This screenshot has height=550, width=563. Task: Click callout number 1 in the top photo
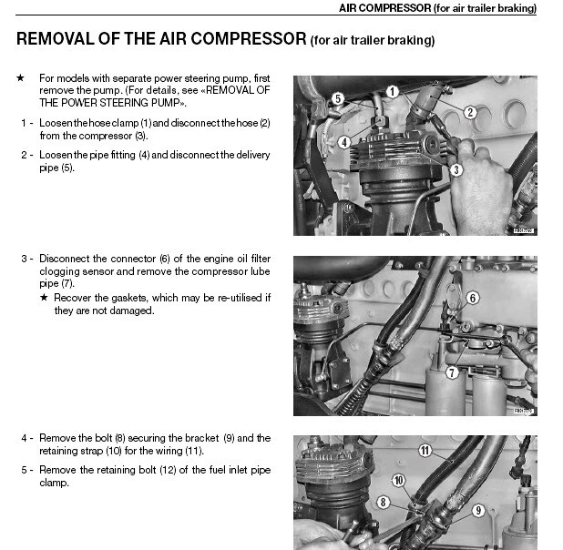tap(391, 91)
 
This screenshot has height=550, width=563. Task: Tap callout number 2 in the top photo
tap(470, 112)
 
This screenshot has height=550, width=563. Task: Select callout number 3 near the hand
tap(457, 169)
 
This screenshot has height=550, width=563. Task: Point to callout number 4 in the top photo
tap(343, 142)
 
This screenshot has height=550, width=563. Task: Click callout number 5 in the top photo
tap(336, 97)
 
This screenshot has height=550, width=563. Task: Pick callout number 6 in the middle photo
tap(472, 298)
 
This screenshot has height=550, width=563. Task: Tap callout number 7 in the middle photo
tap(451, 372)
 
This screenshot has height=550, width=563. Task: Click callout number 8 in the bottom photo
tap(384, 502)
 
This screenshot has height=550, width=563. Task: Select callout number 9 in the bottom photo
tap(478, 511)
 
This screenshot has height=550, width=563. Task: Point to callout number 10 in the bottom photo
tap(398, 479)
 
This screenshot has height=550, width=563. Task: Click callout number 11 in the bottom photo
tap(425, 450)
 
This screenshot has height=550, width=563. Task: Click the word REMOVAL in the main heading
tap(60, 39)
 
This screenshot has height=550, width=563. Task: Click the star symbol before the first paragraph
tap(21, 78)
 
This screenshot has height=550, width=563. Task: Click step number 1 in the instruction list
tap(24, 122)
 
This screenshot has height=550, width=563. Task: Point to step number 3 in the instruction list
tap(24, 259)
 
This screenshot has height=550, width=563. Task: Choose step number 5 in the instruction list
tap(24, 470)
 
